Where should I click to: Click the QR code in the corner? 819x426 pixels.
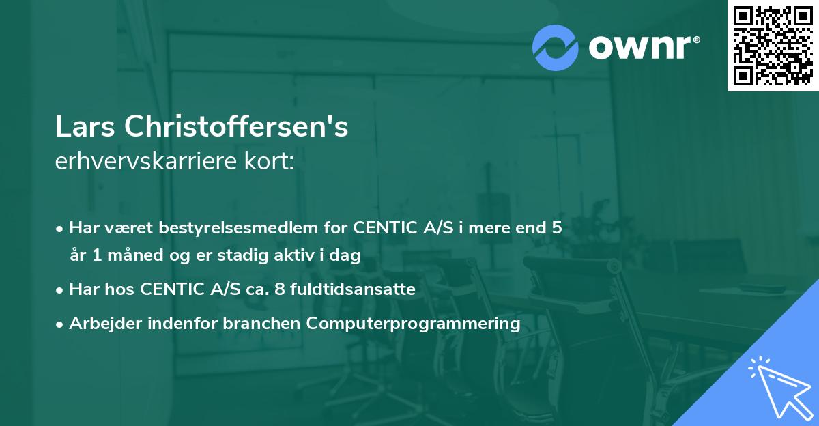coord(773,45)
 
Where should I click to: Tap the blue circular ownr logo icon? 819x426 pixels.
coord(555,48)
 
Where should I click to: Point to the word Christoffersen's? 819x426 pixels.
coord(233,127)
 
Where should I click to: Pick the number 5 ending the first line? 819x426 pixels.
coord(557,228)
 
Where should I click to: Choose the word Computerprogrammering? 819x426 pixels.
coord(414,323)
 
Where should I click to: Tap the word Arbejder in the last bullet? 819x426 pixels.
coord(100,323)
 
